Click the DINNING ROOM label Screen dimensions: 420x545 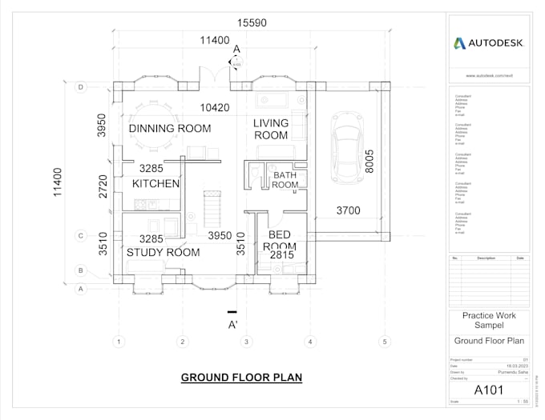(x=170, y=128)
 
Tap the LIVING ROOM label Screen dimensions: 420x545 (x=271, y=129)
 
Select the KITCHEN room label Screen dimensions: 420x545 (x=155, y=184)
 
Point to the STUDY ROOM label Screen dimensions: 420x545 (x=163, y=252)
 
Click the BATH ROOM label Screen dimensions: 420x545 (x=285, y=180)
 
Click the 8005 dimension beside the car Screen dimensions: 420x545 (x=369, y=162)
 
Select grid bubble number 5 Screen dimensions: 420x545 (x=384, y=342)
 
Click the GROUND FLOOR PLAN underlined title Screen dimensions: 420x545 (x=241, y=378)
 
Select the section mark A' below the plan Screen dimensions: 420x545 (x=233, y=325)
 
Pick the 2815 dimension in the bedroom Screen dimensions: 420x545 (x=281, y=255)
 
